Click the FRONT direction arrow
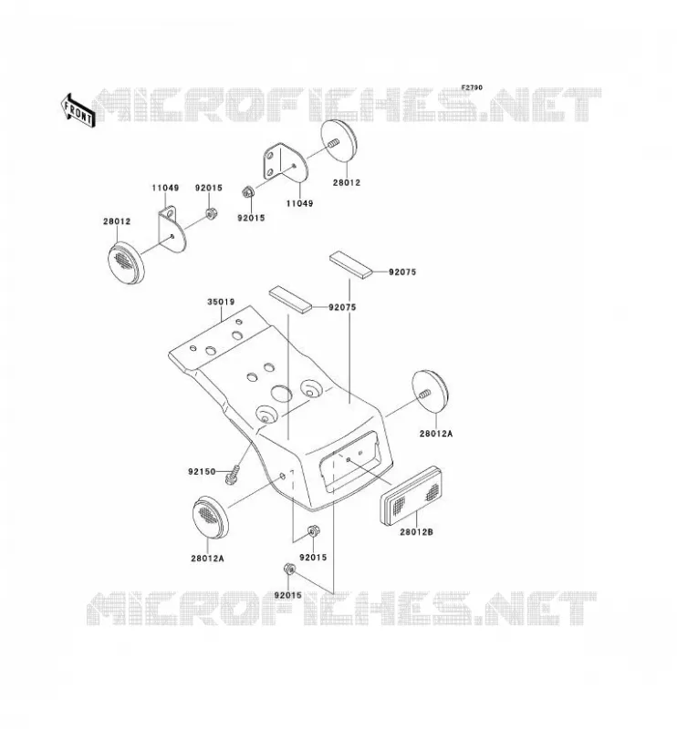click(78, 110)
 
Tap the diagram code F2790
click(472, 87)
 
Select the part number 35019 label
click(221, 303)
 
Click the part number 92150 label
click(202, 471)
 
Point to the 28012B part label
click(416, 531)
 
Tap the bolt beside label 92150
click(233, 475)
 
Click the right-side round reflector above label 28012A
click(430, 393)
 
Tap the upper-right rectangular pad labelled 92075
click(351, 263)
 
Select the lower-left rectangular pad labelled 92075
click(289, 299)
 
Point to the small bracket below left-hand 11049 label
click(172, 227)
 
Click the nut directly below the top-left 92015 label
click(209, 214)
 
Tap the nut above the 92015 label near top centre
click(248, 191)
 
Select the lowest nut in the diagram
click(289, 569)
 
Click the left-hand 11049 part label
click(165, 189)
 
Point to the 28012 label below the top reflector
click(347, 183)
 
